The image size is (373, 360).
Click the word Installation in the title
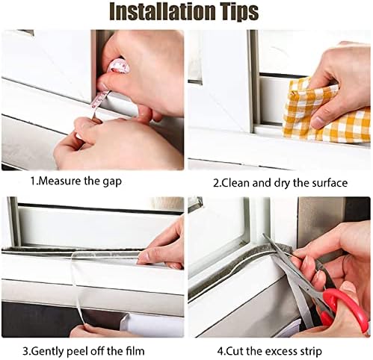pyautogui.click(x=162, y=11)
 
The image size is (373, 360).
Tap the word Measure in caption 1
pyautogui.click(x=60, y=181)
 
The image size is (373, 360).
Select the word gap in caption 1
pyautogui.click(x=112, y=182)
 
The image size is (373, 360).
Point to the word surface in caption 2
pyautogui.click(x=330, y=183)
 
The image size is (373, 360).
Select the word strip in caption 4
pyautogui.click(x=311, y=352)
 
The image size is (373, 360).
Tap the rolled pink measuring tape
pyautogui.click(x=120, y=66)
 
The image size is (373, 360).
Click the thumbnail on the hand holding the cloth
pyautogui.click(x=319, y=122)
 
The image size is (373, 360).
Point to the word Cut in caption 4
pyautogui.click(x=235, y=351)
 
